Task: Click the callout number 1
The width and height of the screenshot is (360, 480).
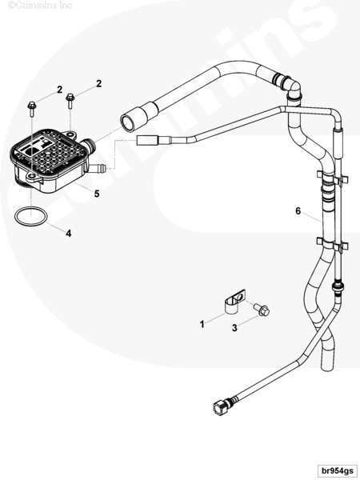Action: coord(202,324)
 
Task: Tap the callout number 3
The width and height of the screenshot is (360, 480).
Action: coord(234,328)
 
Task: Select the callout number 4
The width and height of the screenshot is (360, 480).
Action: coord(69,234)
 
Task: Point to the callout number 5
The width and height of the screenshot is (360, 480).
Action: coord(97,194)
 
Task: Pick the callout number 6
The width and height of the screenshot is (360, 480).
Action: coord(298,211)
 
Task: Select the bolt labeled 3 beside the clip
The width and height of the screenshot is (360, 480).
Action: coord(262,310)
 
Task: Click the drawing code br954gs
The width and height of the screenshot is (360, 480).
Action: coord(337,470)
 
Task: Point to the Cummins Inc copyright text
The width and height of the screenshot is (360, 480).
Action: coord(40,6)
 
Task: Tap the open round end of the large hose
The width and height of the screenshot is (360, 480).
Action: coord(128,122)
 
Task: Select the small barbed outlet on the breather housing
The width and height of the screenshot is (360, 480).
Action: coord(97,168)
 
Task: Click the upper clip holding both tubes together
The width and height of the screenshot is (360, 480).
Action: coord(332,178)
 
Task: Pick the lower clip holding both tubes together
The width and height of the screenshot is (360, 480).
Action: coord(332,244)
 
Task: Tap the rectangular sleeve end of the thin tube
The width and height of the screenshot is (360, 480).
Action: coord(147,141)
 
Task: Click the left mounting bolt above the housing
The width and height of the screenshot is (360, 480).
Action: coord(32,109)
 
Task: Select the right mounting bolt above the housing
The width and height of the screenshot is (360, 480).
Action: coord(70,101)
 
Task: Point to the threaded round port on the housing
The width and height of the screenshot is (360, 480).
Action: coord(88,146)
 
